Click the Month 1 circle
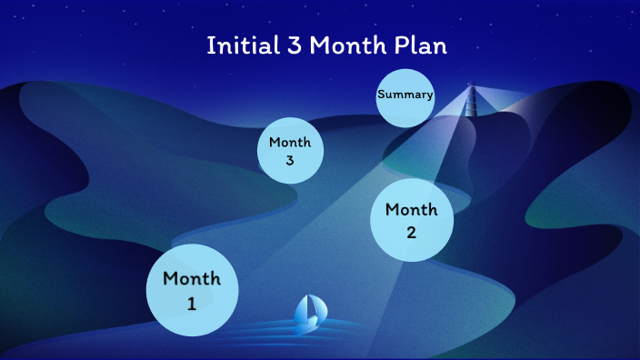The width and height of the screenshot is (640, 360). coord(192,290)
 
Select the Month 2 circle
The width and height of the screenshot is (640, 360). coord(412,220)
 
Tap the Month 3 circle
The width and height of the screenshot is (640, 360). coord(290,151)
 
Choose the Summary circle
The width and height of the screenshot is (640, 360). coord(405,95)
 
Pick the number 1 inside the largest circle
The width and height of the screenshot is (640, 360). coord(192,304)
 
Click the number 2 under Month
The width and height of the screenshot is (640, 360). coord(411,232)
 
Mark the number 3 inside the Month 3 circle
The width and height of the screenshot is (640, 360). coord(290,161)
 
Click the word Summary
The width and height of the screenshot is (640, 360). coord(405,95)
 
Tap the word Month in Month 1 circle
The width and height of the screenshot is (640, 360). coord(192,278)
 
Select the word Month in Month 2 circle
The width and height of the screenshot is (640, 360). coord(412,210)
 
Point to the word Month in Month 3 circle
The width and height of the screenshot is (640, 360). coord(290,142)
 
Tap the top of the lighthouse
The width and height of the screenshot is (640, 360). coord(471,88)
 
